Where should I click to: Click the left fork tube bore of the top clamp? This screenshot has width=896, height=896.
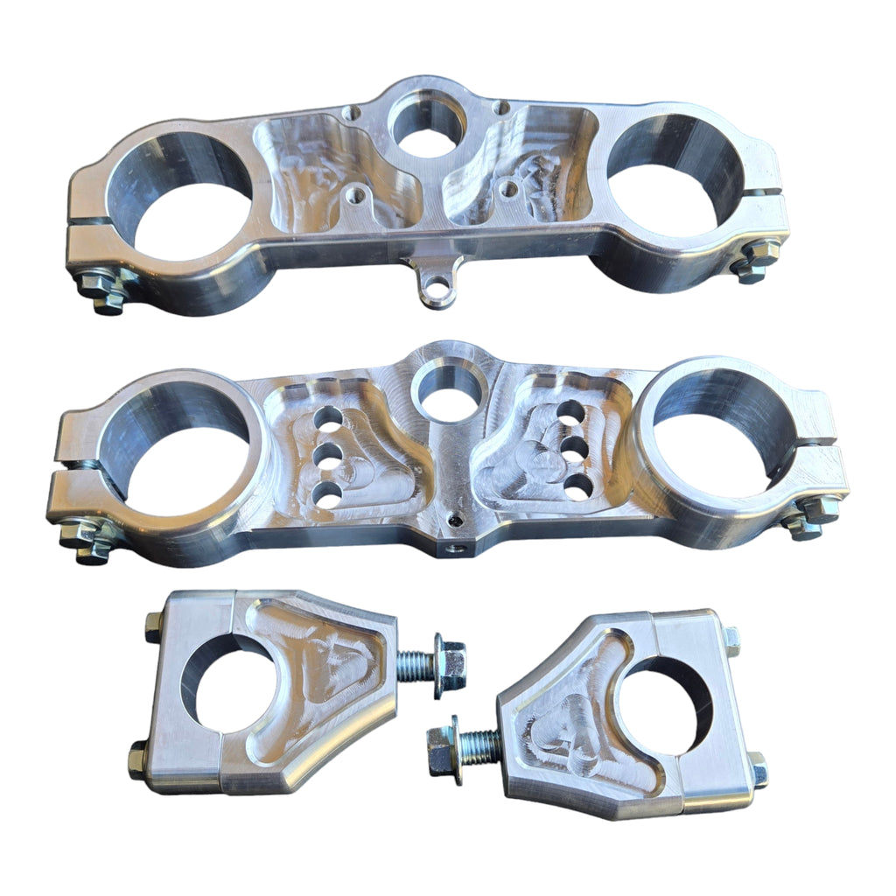point(179,201)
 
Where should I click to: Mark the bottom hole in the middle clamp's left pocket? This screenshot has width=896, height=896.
point(326,496)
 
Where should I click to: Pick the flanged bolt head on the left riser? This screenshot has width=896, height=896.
point(449,669)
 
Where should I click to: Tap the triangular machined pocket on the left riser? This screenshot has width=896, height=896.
point(319,665)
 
